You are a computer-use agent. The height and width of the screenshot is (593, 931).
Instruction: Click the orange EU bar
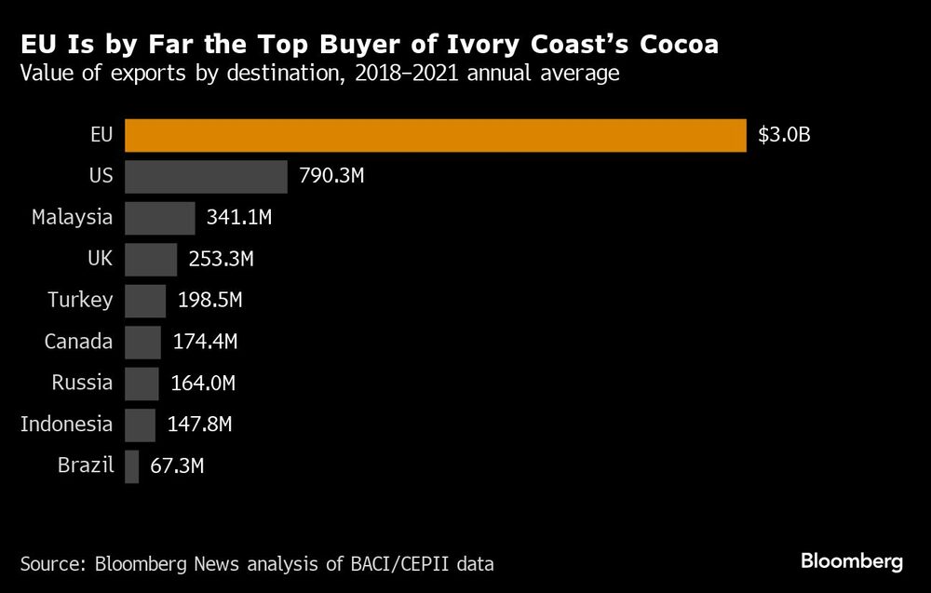[x=435, y=135]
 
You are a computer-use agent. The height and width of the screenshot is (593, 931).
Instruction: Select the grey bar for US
[x=206, y=176]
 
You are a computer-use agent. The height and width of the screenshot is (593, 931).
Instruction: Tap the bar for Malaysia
[x=159, y=218]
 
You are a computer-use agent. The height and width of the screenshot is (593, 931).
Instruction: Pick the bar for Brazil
[x=131, y=465]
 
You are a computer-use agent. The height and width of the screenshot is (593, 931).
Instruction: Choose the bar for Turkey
[x=144, y=300]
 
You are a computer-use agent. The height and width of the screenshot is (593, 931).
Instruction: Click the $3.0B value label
[x=784, y=135]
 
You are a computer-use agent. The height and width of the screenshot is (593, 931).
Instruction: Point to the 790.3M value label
[x=331, y=176]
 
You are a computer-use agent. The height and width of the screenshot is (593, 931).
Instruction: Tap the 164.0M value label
[x=201, y=383]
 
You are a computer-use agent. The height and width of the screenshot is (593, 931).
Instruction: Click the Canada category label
[x=78, y=342]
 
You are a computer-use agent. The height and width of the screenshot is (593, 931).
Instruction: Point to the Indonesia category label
[x=66, y=425]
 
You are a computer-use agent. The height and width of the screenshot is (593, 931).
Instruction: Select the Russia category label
[x=83, y=383]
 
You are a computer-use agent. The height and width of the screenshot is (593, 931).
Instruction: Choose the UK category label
[x=100, y=259]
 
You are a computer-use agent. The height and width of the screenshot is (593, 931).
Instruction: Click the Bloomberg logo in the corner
[x=852, y=561]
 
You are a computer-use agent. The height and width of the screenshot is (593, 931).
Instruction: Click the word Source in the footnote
[x=49, y=563]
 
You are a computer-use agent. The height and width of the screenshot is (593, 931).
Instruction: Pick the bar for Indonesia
[x=140, y=425]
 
